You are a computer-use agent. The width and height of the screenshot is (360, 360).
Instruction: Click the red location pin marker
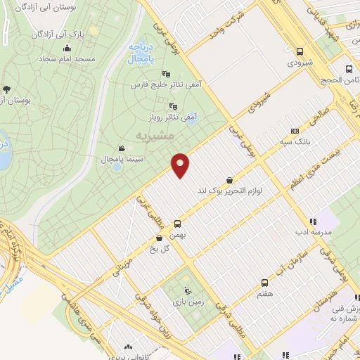[x=181, y=165]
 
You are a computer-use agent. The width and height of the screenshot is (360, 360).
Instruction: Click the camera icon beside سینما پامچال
[x=122, y=148]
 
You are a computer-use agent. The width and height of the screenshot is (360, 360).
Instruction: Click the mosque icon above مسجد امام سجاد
[x=67, y=49]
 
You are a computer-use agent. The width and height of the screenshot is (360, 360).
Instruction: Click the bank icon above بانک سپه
[x=295, y=130]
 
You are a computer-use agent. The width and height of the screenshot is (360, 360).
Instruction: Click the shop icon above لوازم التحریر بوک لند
[x=230, y=179]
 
